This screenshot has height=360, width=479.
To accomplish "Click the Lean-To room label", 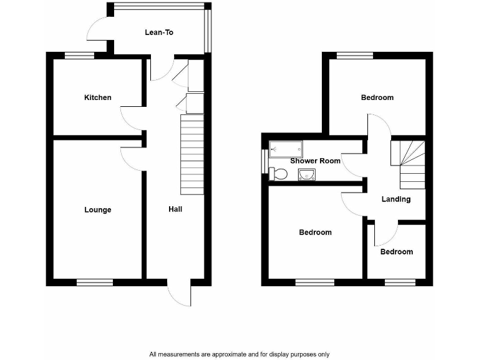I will pyautogui.click(x=158, y=32).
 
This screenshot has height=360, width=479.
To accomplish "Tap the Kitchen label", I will pyautogui.click(x=98, y=97).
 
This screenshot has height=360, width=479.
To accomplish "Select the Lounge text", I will pyautogui.click(x=98, y=210).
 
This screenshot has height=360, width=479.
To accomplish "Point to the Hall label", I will pyautogui.click(x=175, y=209).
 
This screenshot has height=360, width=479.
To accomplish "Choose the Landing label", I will pyautogui.click(x=396, y=199).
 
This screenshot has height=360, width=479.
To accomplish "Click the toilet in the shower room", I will pyautogui.click(x=278, y=174).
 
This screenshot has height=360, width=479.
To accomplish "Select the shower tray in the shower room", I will pyautogui.click(x=286, y=149).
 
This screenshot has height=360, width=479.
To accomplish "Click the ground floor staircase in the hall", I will pyautogui.click(x=192, y=154).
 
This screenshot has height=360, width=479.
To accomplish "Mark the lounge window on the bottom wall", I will pyautogui.click(x=94, y=282).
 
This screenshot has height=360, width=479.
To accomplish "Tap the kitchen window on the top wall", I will pyautogui.click(x=80, y=56).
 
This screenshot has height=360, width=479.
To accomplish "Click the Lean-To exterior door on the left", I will pyautogui.click(x=98, y=29).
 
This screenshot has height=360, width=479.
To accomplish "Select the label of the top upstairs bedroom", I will pyautogui.click(x=377, y=97).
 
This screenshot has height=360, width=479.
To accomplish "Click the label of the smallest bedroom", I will pyautogui.click(x=397, y=252).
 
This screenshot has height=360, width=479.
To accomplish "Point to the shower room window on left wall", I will pyautogui.click(x=264, y=160).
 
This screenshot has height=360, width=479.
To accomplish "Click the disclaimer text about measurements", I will pyautogui.click(x=239, y=354).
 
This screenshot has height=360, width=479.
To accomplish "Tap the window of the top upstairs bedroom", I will pyautogui.click(x=355, y=56).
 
